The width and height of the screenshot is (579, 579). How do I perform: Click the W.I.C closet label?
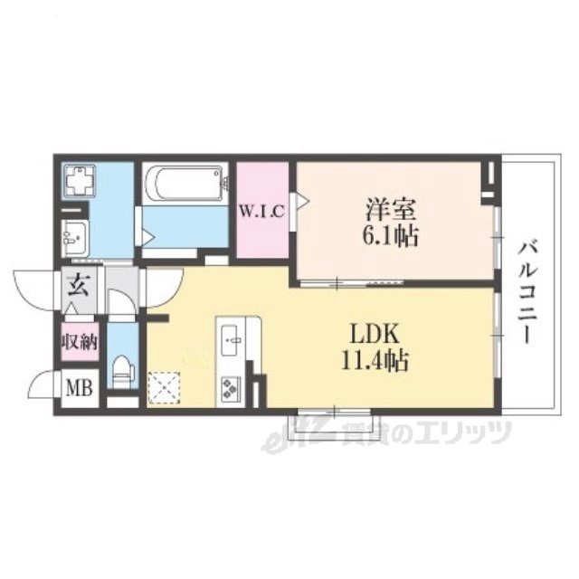pyautogui.click(x=262, y=211)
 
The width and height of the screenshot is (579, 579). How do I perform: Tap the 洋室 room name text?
pyautogui.click(x=391, y=210)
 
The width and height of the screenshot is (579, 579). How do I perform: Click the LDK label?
pyautogui.click(x=375, y=335)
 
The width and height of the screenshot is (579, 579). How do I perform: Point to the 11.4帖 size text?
pyautogui.click(x=375, y=360)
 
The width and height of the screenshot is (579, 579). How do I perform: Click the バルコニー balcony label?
pyautogui.click(x=528, y=291)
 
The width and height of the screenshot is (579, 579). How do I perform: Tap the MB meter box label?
pyautogui.click(x=79, y=388)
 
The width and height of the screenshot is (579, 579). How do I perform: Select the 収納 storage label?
pyautogui.click(x=80, y=342)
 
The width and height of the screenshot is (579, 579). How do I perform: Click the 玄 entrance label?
pyautogui.click(x=79, y=286)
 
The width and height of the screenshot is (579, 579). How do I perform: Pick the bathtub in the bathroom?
pyautogui.click(x=185, y=184)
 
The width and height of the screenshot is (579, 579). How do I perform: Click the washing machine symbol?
pyautogui.click(x=80, y=180)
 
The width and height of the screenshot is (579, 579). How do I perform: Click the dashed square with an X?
pyautogui.click(x=164, y=388)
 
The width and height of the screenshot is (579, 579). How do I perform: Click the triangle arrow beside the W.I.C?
pyautogui.click(x=303, y=201)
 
